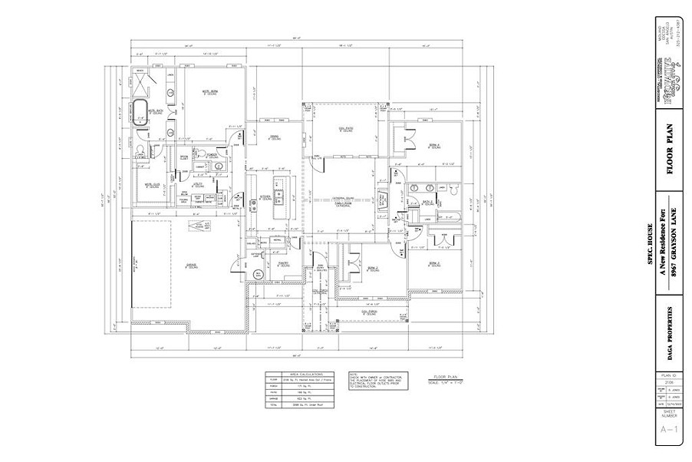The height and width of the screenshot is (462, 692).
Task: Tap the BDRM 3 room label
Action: tap(434, 263)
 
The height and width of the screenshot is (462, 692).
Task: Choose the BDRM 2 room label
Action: tap(372, 268)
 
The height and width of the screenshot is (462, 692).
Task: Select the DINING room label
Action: tap(273, 138)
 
